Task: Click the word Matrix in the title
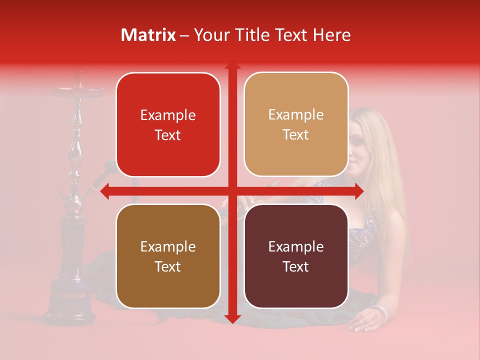[x=148, y=35]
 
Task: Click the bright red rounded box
[x=168, y=124]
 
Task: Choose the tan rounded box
[x=296, y=124]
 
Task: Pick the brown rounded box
[x=168, y=256]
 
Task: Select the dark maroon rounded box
[x=296, y=256]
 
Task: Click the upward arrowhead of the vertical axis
[x=232, y=66]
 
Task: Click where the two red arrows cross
[x=232, y=191]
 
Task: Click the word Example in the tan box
[x=296, y=115]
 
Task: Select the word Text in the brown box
[x=168, y=266]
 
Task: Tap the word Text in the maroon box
[x=296, y=266]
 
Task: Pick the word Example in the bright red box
[x=168, y=115]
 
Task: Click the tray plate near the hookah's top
[x=78, y=91]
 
